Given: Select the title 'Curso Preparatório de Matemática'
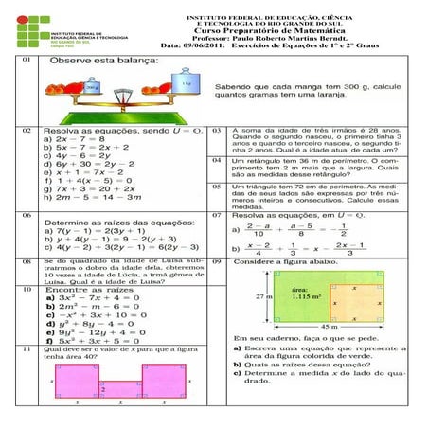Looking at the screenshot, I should pyautogui.click(x=281, y=28).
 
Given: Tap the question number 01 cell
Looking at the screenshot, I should pyautogui.click(x=26, y=58).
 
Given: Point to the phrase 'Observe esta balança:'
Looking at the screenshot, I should pyautogui.click(x=96, y=60).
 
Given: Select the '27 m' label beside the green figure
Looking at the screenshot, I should pyautogui.click(x=267, y=295).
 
